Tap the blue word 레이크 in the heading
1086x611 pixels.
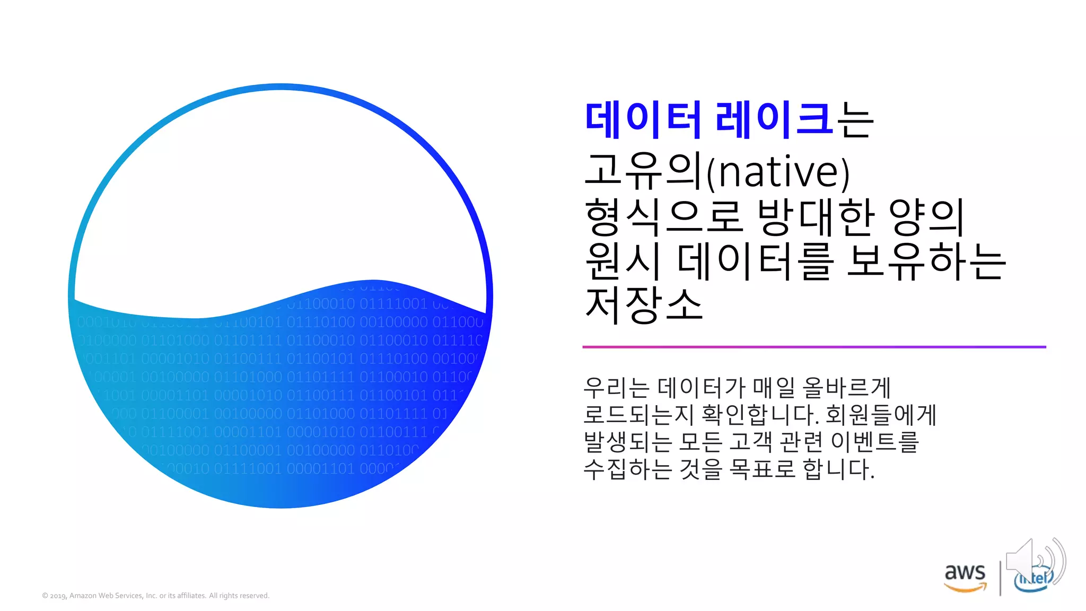click(x=773, y=119)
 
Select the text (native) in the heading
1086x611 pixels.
click(x=778, y=171)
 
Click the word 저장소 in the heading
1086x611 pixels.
click(x=644, y=305)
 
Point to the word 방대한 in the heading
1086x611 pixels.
click(x=816, y=217)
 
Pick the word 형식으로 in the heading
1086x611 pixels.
click(x=663, y=217)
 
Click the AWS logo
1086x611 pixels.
click(x=965, y=577)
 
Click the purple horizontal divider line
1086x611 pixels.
click(x=814, y=347)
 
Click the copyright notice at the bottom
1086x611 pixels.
click(x=156, y=596)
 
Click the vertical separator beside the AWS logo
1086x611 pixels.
click(x=1000, y=578)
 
